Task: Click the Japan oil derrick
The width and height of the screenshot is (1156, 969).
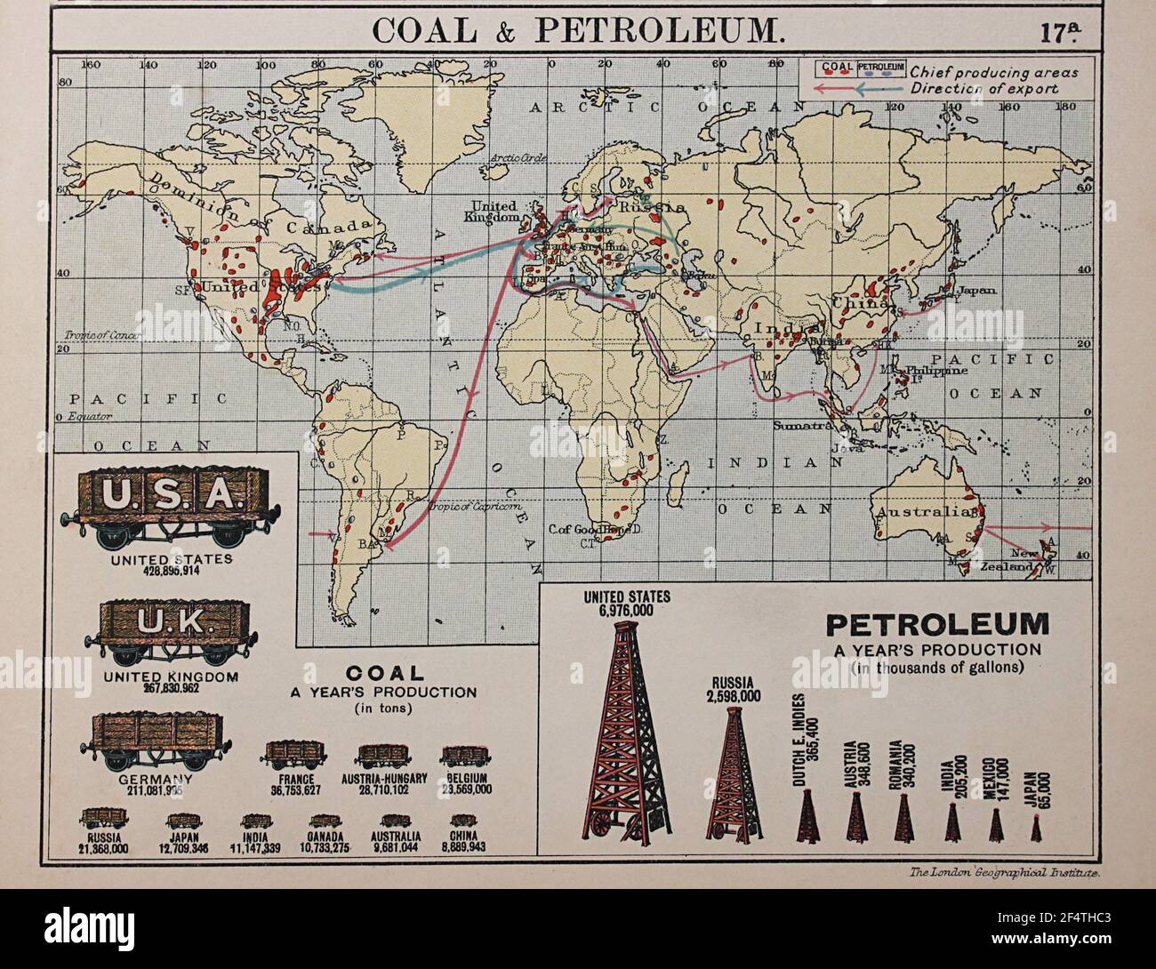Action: [x=1035, y=829]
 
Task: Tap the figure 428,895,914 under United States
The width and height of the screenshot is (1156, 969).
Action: [x=173, y=572]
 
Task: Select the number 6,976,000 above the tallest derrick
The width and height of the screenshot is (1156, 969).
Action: [x=627, y=610]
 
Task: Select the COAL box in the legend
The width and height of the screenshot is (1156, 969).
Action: [x=836, y=68]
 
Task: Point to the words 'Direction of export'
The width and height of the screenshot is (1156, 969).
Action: [x=984, y=89]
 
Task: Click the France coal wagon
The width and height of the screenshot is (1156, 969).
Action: [x=293, y=756]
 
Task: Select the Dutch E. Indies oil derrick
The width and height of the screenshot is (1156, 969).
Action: [x=807, y=816]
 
